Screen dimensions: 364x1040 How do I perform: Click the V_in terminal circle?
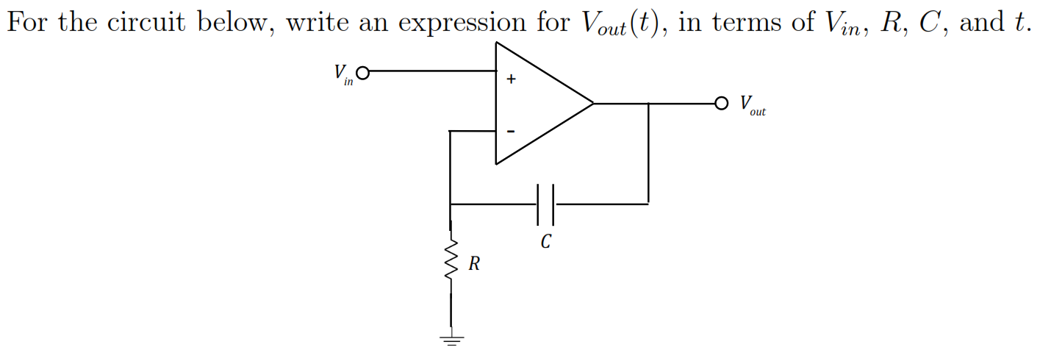pyautogui.click(x=362, y=72)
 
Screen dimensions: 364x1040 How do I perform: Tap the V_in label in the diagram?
pyautogui.click(x=343, y=74)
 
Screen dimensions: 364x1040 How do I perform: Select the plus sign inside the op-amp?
pyautogui.click(x=510, y=78)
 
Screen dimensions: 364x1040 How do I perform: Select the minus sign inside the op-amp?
pyautogui.click(x=510, y=132)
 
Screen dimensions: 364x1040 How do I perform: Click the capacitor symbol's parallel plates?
pyautogui.click(x=545, y=204)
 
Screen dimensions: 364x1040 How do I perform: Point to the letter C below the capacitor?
pyautogui.click(x=545, y=241)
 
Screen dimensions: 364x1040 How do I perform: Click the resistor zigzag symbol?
pyautogui.click(x=451, y=260)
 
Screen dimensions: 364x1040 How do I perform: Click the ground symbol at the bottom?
pyautogui.click(x=451, y=340)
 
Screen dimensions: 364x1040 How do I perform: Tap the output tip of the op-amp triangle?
pyautogui.click(x=592, y=103)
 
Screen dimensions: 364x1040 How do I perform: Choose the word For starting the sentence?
pyautogui.click(x=28, y=23)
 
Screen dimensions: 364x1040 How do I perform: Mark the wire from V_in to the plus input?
pyautogui.click(x=430, y=72)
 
